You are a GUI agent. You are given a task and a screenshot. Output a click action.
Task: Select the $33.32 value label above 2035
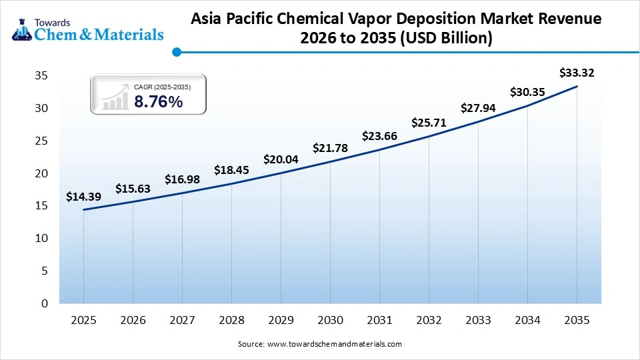point(577,73)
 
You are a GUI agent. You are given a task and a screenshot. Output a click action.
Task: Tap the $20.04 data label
point(281,159)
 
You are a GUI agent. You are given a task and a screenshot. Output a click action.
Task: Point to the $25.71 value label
point(429,123)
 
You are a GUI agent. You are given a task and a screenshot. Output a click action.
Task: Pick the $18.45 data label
point(231,170)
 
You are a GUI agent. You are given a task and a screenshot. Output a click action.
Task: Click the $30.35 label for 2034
point(527,93)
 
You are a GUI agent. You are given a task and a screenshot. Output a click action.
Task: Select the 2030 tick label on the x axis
point(330,320)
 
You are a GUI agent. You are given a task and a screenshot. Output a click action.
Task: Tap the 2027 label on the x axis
point(182,320)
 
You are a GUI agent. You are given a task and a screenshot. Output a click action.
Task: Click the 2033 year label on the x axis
point(478,320)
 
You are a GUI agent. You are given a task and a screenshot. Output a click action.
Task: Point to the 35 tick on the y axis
point(41,76)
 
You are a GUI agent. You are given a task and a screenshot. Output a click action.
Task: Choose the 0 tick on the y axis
point(45,304)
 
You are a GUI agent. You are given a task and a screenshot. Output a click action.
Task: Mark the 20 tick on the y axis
point(41,173)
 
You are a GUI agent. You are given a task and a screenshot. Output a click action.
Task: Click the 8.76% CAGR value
point(158,101)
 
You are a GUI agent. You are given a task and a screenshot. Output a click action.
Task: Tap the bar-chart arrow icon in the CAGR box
point(115,97)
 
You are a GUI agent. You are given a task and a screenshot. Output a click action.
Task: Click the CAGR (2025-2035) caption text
point(162,87)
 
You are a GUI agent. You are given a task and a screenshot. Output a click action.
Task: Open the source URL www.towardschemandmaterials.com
point(335,344)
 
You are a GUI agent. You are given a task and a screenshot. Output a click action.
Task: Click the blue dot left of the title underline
point(176,51)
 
